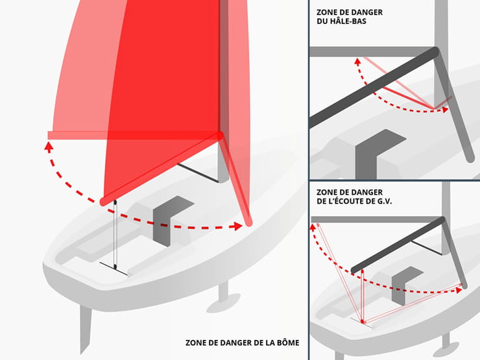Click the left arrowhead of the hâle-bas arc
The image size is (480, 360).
356,62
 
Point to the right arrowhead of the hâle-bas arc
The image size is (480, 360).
446,109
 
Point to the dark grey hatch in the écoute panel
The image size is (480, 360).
402,283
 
